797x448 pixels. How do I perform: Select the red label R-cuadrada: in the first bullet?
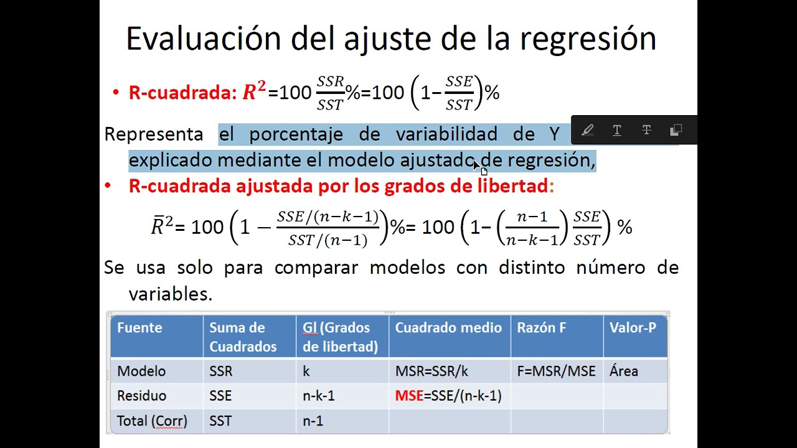182,93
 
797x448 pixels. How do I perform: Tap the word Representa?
153,134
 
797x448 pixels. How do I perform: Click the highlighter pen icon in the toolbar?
587,131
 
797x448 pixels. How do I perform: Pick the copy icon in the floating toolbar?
676,131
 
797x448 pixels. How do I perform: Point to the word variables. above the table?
171,294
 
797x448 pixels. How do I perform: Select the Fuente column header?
139,328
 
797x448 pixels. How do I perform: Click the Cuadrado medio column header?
448,328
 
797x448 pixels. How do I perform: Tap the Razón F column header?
541,328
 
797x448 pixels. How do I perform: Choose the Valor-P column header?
633,328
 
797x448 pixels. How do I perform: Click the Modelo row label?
141,371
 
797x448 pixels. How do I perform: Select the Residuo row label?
141,396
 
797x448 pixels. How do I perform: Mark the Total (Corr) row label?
152,421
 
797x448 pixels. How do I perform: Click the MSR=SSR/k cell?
432,371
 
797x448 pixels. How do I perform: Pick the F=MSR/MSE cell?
556,371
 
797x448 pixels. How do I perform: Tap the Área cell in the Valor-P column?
624,371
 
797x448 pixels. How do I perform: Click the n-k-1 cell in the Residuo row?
319,396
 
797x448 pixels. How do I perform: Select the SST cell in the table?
220,421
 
